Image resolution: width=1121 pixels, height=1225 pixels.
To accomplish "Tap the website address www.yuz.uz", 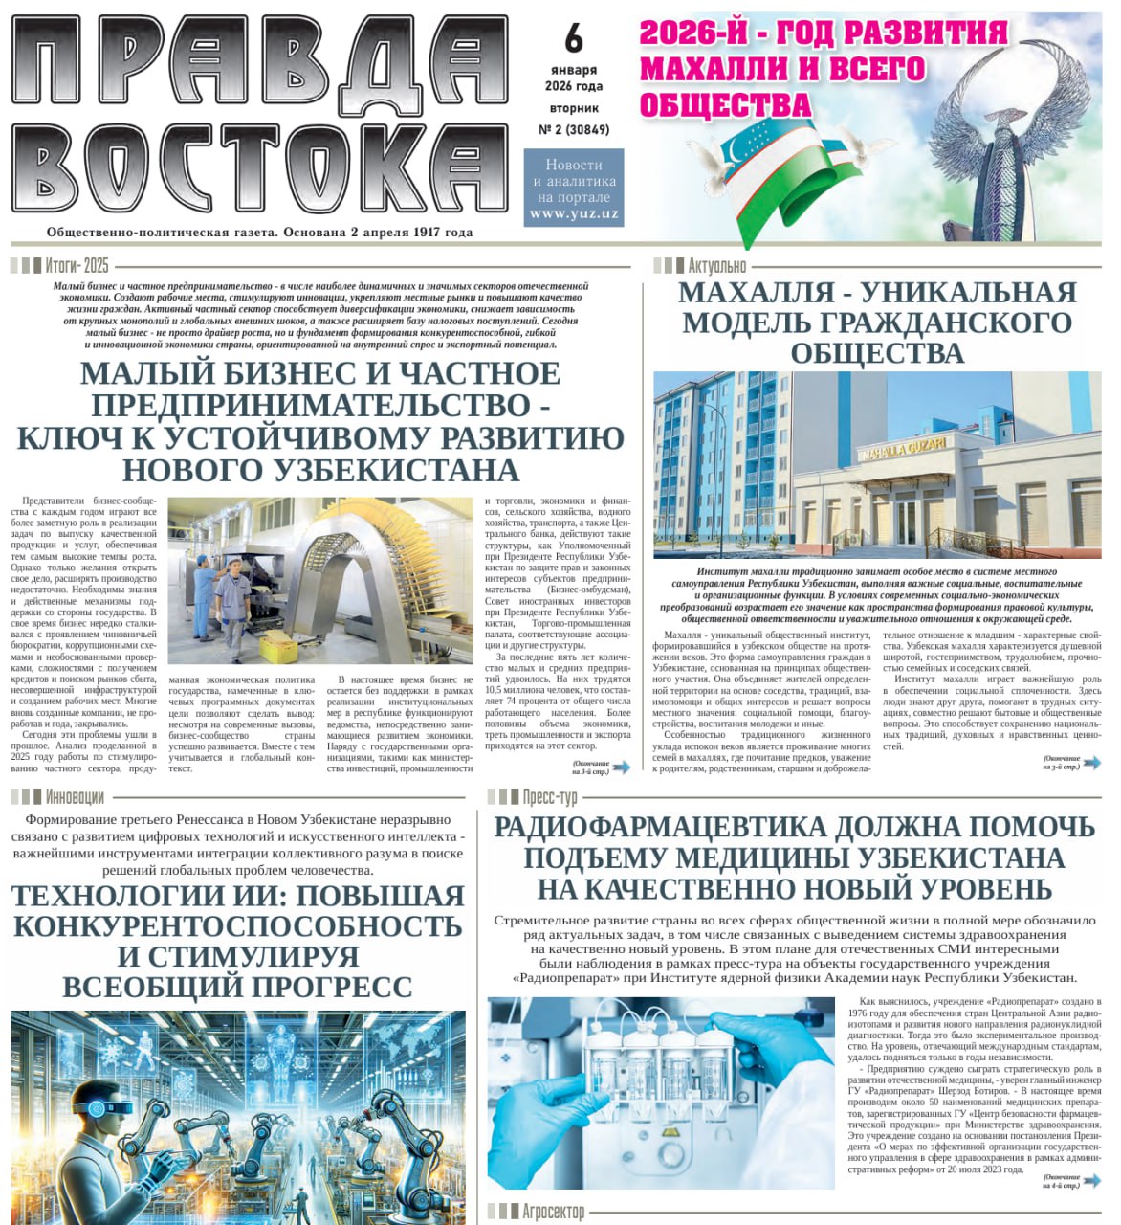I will coord(573,213).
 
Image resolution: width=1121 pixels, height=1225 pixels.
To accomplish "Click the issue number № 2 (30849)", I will coord(574,129).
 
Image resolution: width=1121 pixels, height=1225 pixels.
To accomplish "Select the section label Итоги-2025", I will coord(77,266).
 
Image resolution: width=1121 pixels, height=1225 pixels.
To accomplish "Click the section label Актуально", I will coord(716,266).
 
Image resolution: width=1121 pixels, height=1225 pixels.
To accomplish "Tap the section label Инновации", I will coord(75,796).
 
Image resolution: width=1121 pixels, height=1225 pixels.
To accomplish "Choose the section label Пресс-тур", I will coord(550,796).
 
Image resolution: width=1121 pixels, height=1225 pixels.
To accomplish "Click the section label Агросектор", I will coord(553,1212).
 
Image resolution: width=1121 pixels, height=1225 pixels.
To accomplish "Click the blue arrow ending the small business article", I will coord(622,767).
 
